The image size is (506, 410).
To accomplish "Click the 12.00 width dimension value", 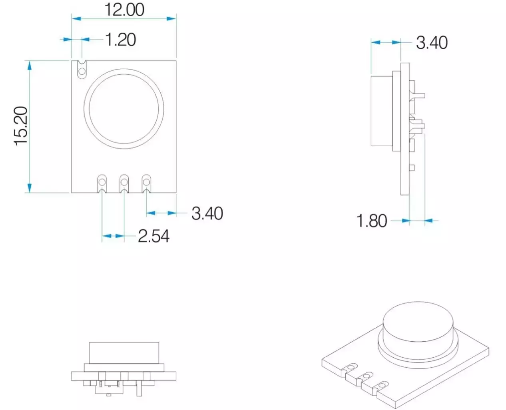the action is (124, 10).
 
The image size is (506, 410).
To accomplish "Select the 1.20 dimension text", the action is (121, 40).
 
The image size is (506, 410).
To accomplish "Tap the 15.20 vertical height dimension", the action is (21, 126).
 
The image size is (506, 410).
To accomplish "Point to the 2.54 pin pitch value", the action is (154, 236).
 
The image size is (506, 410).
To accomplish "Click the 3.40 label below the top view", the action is (207, 213).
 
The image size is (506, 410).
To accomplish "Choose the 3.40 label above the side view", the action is (432, 42).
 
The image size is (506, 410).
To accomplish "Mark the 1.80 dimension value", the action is (372, 221).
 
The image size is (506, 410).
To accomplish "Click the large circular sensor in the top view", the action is (124, 109).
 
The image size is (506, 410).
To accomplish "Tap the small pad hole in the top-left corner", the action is (82, 72).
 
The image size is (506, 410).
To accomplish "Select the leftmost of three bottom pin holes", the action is (102, 183).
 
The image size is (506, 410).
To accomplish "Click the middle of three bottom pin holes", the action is (124, 183).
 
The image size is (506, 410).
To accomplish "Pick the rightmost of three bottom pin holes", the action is (146, 183).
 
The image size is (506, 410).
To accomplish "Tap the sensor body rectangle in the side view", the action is (382, 110).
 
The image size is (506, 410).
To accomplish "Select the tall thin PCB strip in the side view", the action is (405, 129).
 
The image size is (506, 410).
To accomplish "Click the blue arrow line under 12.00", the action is (124, 18).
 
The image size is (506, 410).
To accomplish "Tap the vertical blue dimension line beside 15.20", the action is (29, 126).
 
